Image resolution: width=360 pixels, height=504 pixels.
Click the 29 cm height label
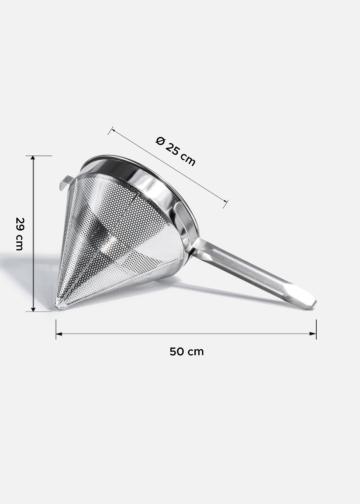click(x=19, y=234)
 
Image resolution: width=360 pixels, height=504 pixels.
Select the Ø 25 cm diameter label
click(x=175, y=152)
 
